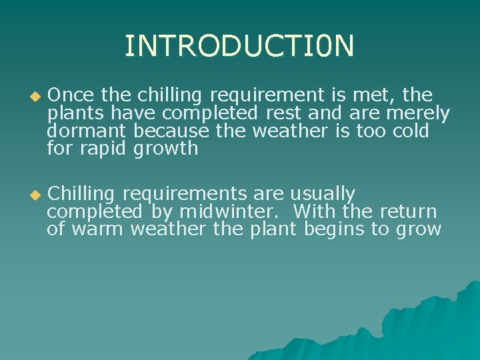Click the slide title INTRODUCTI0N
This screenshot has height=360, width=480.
(239, 46)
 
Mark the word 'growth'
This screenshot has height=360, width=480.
(166, 149)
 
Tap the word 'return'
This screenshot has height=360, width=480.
(408, 212)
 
